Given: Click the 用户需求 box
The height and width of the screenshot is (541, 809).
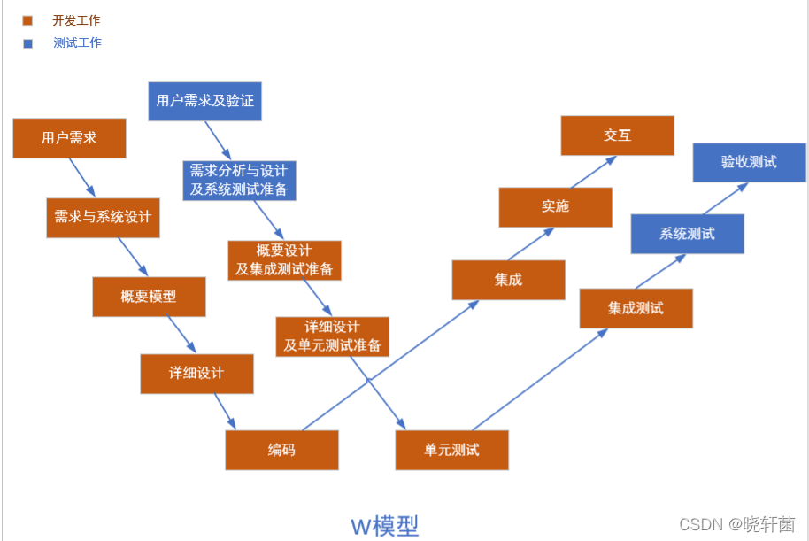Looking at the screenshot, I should (x=69, y=138).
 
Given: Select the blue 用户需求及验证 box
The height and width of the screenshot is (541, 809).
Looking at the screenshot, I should (x=204, y=101).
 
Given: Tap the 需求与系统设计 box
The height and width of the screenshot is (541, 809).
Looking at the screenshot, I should (x=103, y=217).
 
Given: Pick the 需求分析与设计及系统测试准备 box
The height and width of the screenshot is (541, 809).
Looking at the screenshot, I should (x=238, y=180).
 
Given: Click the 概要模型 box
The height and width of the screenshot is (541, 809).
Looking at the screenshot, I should (x=149, y=297).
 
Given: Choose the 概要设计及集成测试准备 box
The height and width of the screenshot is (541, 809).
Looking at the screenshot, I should (x=284, y=259).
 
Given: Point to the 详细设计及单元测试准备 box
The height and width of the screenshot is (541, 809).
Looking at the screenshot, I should (x=332, y=336).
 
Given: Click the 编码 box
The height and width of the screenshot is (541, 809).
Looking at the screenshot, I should (x=281, y=450).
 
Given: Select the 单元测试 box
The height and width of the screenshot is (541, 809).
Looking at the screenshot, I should (x=451, y=450).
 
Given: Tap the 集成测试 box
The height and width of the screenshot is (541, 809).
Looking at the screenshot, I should (x=636, y=308).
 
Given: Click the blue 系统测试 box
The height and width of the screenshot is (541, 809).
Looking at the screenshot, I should (x=687, y=234).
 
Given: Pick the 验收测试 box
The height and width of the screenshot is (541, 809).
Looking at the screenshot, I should (x=749, y=162).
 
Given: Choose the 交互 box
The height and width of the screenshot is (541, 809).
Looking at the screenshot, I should (x=617, y=135).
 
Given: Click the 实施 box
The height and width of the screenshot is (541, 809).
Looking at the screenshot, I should (x=555, y=207).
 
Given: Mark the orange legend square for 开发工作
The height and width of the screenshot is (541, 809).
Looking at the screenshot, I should (x=28, y=20).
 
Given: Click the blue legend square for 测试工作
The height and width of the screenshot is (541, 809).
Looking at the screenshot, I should (x=28, y=43).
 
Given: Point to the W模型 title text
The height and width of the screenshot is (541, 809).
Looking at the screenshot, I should (x=385, y=526).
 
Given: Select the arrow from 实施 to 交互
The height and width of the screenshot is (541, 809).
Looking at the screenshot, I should (x=593, y=173).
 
